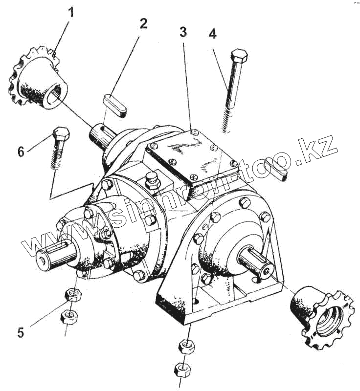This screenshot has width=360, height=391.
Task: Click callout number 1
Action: pyautogui.click(x=71, y=12)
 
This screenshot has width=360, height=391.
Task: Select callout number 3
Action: pyautogui.click(x=183, y=33)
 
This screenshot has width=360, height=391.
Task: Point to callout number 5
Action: pyautogui.click(x=21, y=333)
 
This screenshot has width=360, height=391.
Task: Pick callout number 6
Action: pyautogui.click(x=21, y=152)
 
